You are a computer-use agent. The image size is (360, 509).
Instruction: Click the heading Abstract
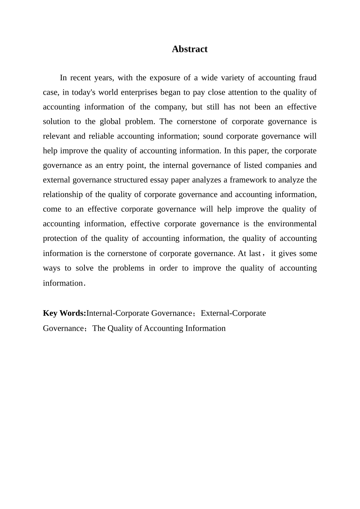click(189, 49)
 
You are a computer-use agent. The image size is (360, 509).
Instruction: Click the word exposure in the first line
click(165, 78)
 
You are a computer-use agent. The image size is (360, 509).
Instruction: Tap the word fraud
click(307, 78)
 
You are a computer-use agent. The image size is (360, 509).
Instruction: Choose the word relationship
click(63, 195)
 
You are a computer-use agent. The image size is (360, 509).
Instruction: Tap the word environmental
click(292, 224)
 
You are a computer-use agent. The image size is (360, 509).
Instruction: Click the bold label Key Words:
click(64, 313)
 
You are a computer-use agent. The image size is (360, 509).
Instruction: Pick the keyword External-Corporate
click(233, 313)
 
